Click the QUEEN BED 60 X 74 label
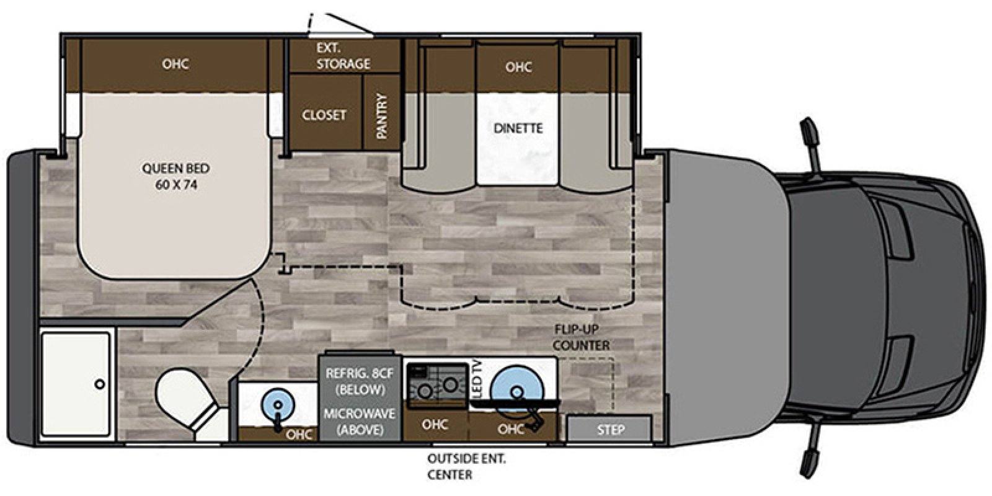(x=175, y=176)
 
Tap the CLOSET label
(x=324, y=115)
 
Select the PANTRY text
(x=382, y=115)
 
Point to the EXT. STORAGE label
(x=343, y=56)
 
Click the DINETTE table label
(x=518, y=128)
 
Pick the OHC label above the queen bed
(x=175, y=64)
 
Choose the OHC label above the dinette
(x=518, y=66)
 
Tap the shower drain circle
(x=100, y=384)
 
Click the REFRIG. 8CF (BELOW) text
(x=356, y=381)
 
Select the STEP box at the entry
(x=610, y=429)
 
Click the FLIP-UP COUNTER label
(x=581, y=337)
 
